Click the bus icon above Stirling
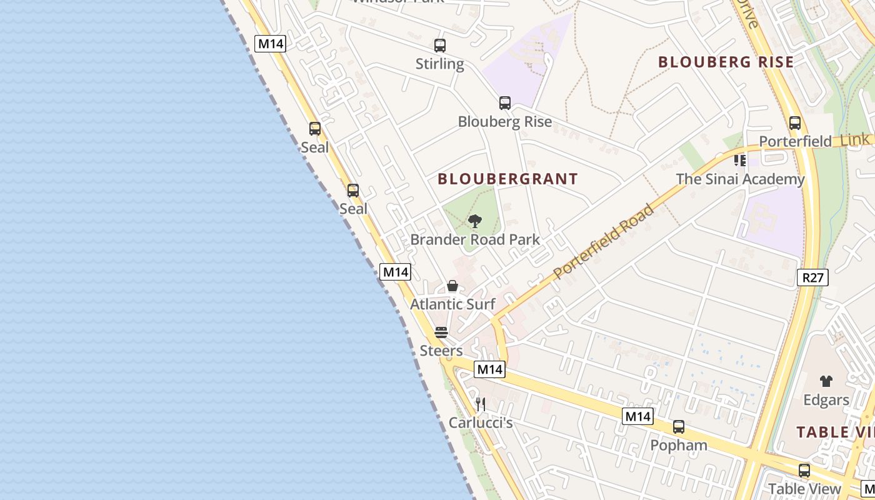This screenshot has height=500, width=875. (x=440, y=45)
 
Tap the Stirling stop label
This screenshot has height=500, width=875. (x=440, y=64)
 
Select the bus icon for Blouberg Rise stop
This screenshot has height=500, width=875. (x=505, y=103)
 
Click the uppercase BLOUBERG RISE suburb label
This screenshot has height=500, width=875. (x=726, y=62)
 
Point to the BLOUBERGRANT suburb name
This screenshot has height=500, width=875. (x=507, y=179)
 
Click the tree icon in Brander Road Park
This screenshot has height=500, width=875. (x=475, y=221)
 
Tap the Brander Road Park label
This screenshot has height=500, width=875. (x=475, y=239)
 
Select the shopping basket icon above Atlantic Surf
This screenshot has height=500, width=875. (x=452, y=286)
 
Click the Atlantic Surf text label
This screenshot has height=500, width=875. (x=452, y=304)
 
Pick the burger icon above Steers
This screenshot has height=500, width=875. (x=441, y=332)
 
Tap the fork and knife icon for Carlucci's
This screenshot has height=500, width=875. (x=481, y=404)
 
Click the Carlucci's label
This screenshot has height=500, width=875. (x=481, y=423)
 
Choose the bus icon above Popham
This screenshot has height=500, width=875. (x=679, y=427)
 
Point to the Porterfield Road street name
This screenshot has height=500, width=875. (x=604, y=241)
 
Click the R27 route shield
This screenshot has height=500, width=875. (x=812, y=277)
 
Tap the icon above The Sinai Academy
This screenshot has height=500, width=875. (x=740, y=161)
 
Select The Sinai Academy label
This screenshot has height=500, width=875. (x=740, y=179)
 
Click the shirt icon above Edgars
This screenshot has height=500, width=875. (x=826, y=381)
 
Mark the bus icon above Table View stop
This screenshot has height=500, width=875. (x=804, y=470)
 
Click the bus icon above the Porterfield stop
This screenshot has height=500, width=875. (x=795, y=123)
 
